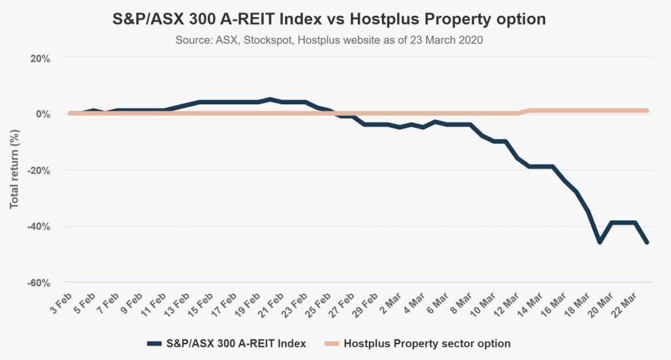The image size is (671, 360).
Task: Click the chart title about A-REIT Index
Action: [x=330, y=20]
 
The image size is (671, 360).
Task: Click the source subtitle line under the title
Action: [x=330, y=40]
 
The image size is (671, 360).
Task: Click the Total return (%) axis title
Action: [x=14, y=170]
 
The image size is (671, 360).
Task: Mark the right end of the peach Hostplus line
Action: [x=647, y=110]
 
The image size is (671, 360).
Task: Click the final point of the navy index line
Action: [x=647, y=243]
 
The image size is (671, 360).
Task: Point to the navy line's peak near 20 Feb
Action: [x=270, y=100]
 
